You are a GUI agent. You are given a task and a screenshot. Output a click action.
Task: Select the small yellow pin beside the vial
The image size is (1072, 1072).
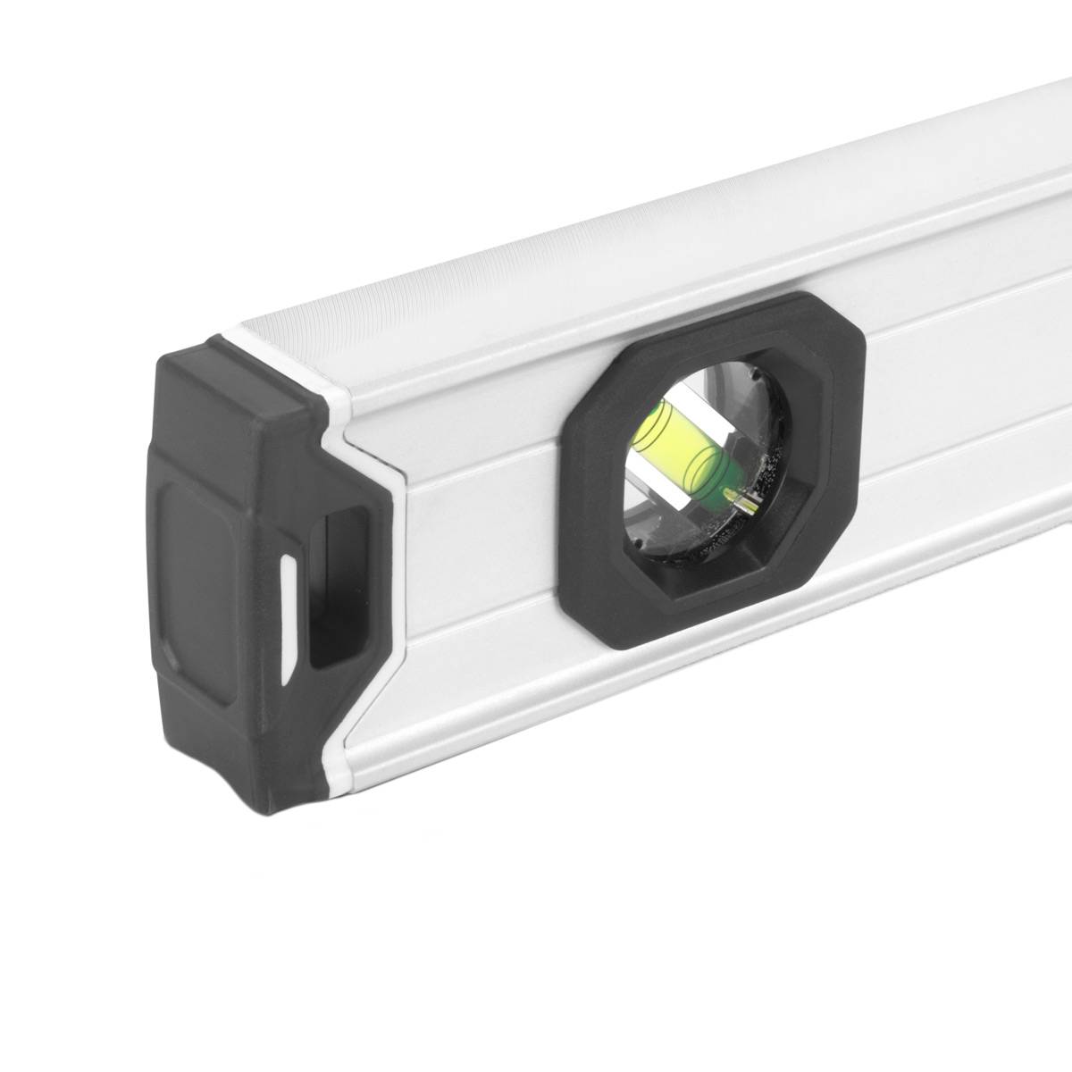[735, 493]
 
